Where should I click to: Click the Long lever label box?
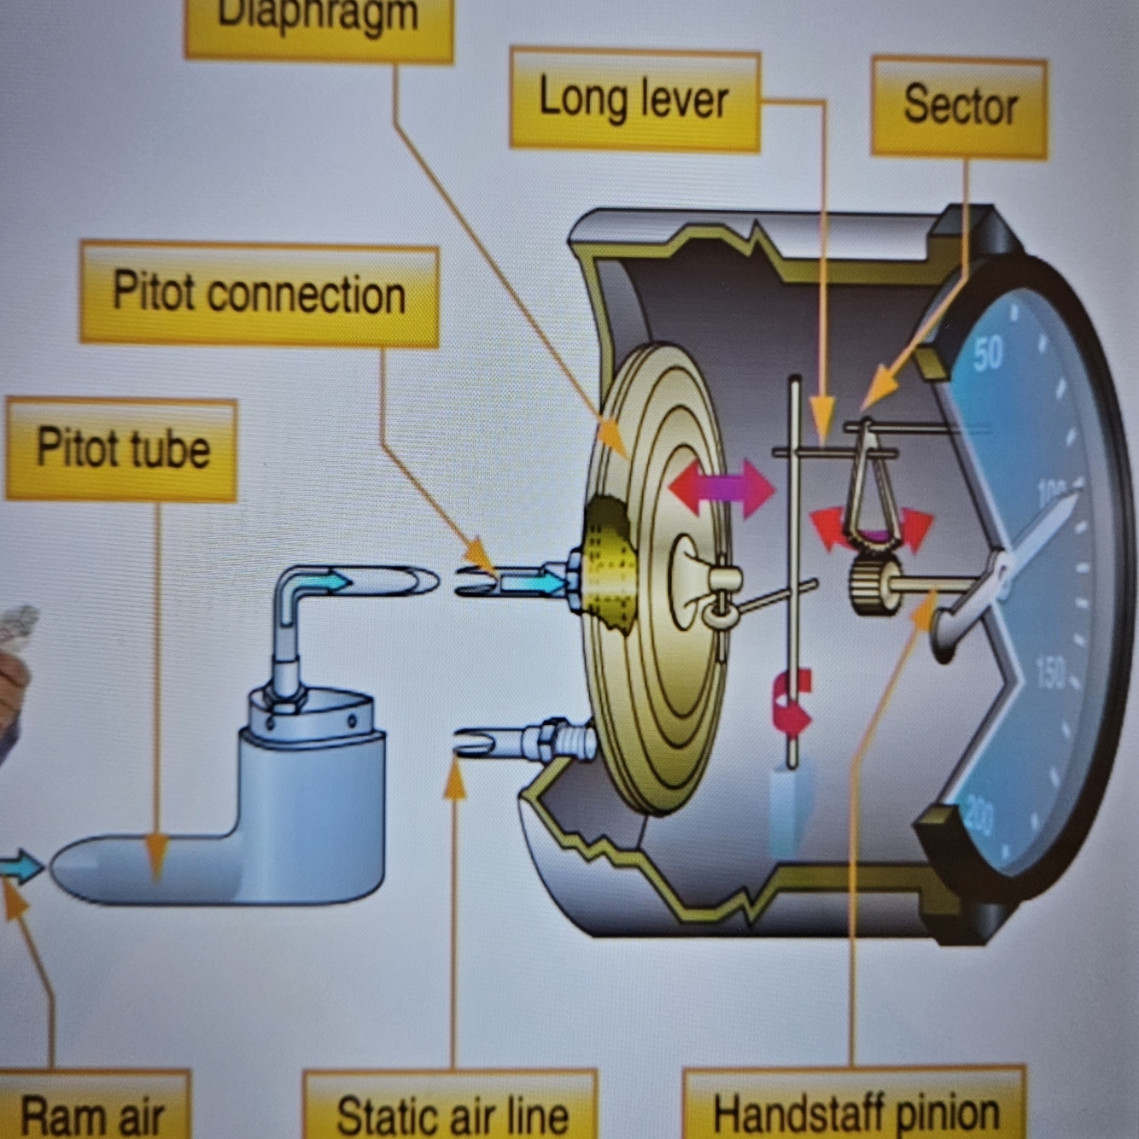coord(634,100)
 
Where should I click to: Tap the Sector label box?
coord(959,106)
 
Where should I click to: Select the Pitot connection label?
coord(259,294)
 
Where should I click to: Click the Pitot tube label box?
coord(122,448)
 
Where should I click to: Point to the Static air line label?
coord(451,1113)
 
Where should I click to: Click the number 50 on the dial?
coord(987,353)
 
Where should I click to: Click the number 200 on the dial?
coord(979,818)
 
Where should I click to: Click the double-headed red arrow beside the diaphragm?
coord(721,489)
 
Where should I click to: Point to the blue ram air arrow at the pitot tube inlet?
coord(21,867)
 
